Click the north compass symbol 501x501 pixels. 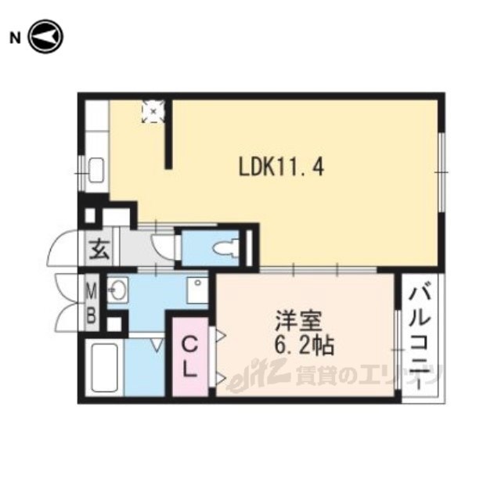point(45,37)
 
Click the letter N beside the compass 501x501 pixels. point(14,38)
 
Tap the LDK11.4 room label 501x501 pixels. point(282,168)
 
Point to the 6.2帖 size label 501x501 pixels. point(305,346)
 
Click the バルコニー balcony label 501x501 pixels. point(421,336)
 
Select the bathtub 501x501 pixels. point(104,368)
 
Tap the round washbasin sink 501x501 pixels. point(117,290)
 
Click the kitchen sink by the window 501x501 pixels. point(96,170)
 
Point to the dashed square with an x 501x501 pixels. point(153,111)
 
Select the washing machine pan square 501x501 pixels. point(197,290)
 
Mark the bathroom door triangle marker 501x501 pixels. point(157,346)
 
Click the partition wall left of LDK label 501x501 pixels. point(169,134)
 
